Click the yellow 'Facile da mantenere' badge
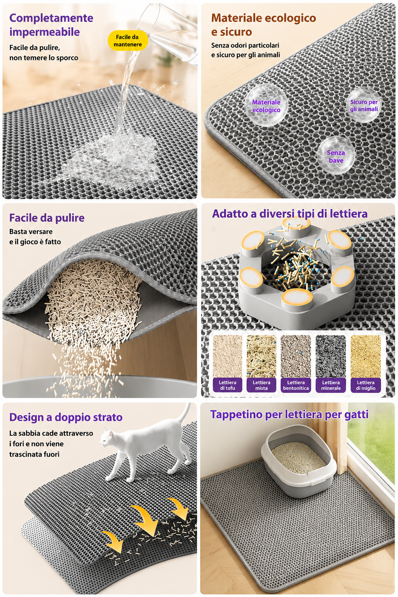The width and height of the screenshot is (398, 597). click(x=128, y=40)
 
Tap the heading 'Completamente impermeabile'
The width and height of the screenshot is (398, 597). click(x=51, y=25)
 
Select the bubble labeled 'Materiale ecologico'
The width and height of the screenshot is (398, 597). click(x=266, y=106)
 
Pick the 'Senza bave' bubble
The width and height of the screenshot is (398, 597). click(x=336, y=156)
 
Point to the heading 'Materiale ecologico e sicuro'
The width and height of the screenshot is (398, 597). click(x=264, y=25)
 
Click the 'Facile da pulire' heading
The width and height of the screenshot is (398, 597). click(x=47, y=218)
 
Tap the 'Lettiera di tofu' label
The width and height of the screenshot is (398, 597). click(x=227, y=385)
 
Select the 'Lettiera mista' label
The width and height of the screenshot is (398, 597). click(x=261, y=385)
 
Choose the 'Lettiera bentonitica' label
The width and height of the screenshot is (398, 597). click(x=296, y=385)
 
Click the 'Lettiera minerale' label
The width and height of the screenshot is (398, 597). click(x=331, y=385)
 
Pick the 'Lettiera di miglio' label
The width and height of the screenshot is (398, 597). click(x=366, y=385)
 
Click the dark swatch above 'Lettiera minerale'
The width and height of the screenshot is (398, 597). click(x=331, y=356)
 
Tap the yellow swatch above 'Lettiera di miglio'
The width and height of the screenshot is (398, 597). click(x=366, y=356)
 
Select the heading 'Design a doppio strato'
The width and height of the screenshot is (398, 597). click(x=66, y=417)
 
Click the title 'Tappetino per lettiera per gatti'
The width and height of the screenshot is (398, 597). click(x=290, y=415)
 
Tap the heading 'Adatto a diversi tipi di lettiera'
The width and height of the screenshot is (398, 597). click(x=290, y=214)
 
